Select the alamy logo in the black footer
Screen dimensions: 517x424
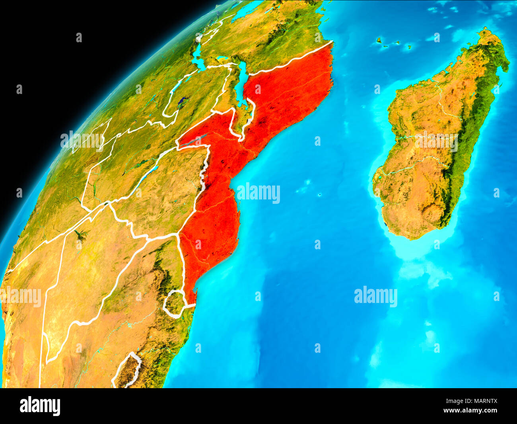[x=40, y=406]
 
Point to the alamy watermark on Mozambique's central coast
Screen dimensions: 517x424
[x=258, y=193]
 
